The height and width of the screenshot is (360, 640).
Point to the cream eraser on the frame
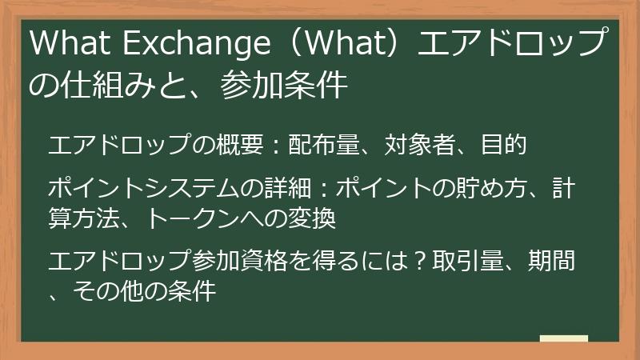563,339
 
